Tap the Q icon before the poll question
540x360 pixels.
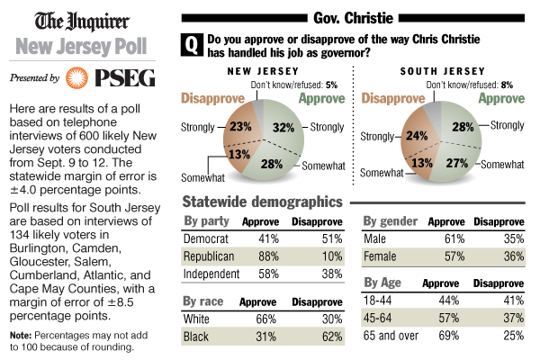click(192, 44)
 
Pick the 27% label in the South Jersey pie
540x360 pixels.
click(458, 162)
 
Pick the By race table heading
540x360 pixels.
click(202, 301)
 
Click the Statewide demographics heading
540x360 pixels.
click(262, 202)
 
